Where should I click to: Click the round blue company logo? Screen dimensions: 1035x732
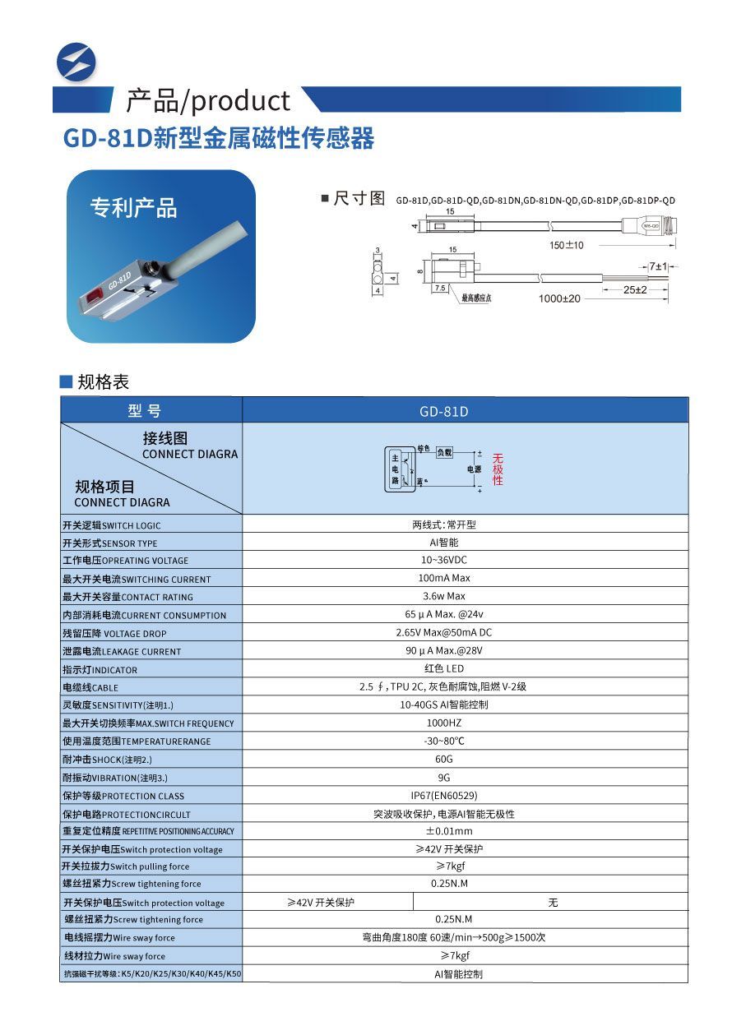tap(76, 61)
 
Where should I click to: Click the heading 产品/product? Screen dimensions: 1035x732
tap(207, 100)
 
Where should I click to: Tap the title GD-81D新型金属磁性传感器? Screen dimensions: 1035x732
tap(219, 138)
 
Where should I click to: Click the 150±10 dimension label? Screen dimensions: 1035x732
tap(567, 245)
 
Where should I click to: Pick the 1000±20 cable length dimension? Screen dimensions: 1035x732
tap(559, 298)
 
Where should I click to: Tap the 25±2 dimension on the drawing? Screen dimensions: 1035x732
tap(633, 290)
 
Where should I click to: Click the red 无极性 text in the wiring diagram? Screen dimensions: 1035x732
tap(498, 469)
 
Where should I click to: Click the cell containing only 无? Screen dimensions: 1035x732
tap(553, 903)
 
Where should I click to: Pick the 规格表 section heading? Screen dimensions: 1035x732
tap(103, 382)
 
